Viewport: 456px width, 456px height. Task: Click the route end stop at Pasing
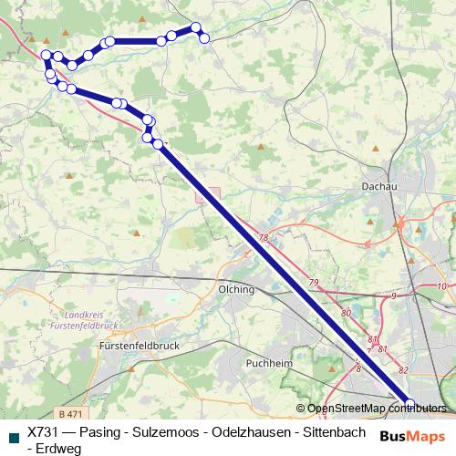pyautogui.click(x=409, y=404)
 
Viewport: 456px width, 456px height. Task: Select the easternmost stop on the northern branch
pyautogui.click(x=204, y=37)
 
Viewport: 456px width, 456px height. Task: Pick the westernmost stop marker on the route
pyautogui.click(x=46, y=56)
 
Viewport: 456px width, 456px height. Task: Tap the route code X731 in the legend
pyautogui.click(x=44, y=432)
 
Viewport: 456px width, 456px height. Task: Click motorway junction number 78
pyautogui.click(x=264, y=237)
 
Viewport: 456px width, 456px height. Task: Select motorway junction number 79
pyautogui.click(x=314, y=283)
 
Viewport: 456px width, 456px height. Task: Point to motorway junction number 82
pyautogui.click(x=403, y=370)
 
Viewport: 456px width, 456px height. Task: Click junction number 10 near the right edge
pyautogui.click(x=441, y=286)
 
